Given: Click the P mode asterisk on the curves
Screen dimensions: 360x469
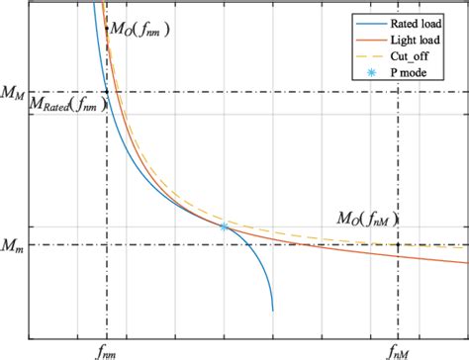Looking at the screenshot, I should pos(224,226).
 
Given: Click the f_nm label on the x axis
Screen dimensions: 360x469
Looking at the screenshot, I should pos(106,347).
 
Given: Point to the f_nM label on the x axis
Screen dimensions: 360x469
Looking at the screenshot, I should pos(398,347).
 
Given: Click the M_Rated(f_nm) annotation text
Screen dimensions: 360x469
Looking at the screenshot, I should pos(68,104).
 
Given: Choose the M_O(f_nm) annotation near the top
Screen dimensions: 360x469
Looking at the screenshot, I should pos(139,30).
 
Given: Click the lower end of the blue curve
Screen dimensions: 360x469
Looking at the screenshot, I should pos(273,310).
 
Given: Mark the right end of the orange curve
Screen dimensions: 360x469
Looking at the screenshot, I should pos(466,263).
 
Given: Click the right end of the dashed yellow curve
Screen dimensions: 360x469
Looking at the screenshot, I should pos(466,245).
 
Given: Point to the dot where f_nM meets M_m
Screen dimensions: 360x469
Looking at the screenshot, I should pos(398,244).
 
